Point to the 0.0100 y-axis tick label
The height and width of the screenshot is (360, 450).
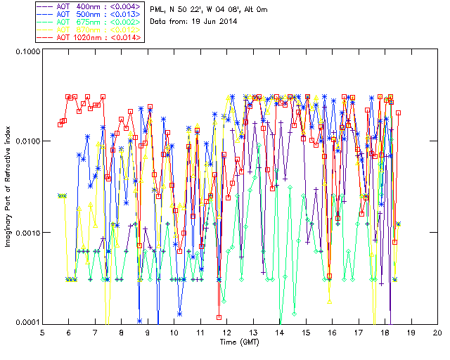tap(27, 142)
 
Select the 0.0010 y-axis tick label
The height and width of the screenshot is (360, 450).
tap(27, 233)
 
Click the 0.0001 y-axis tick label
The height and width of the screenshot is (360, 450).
tap(27, 323)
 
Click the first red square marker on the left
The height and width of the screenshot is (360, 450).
tap(60, 124)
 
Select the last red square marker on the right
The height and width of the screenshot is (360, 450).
tap(398, 112)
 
